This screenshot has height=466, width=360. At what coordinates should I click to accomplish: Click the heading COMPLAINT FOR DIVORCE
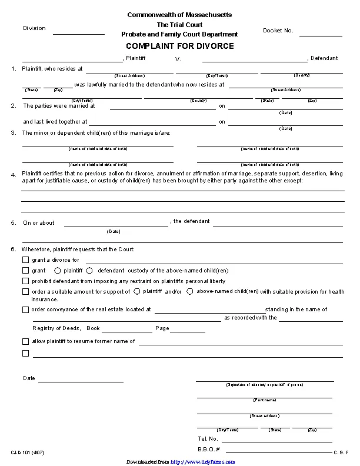[179, 46]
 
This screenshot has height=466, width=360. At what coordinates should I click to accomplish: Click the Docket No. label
[278, 30]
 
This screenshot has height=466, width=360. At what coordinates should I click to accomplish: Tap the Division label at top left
[34, 28]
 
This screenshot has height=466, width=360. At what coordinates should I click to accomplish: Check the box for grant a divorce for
[25, 260]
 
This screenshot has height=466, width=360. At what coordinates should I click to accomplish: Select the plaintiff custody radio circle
[57, 271]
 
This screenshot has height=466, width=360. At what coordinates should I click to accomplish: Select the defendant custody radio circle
[89, 271]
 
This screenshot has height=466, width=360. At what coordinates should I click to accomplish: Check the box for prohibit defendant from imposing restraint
[25, 281]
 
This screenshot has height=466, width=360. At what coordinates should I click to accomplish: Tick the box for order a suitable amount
[25, 292]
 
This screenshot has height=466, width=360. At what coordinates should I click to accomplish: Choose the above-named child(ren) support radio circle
[189, 291]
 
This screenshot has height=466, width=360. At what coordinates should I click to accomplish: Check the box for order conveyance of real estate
[25, 310]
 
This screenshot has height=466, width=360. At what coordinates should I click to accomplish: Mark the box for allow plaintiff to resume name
[25, 341]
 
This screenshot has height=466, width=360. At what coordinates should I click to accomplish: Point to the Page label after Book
[162, 328]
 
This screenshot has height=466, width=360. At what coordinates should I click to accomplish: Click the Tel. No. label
[208, 439]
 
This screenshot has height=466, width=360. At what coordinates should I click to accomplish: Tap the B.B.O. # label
[208, 450]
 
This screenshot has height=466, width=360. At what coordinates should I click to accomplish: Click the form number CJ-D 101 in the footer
[26, 452]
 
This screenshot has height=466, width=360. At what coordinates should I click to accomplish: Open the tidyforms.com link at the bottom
[203, 462]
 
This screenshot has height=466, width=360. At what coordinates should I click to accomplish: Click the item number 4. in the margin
[13, 175]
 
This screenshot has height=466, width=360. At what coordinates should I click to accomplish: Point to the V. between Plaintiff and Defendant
[178, 59]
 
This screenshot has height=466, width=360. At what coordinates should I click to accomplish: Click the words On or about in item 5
[39, 223]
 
